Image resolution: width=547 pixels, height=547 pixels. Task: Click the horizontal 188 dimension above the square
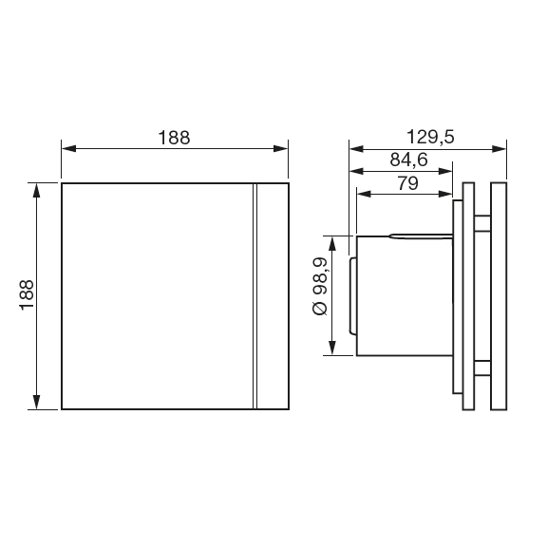174,137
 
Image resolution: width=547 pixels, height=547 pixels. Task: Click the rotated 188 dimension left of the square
26,296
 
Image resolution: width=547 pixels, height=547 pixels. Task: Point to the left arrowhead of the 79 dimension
363,194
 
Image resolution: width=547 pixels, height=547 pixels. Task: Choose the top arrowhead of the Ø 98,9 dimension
330,241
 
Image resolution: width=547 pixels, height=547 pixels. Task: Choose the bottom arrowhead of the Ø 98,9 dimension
330,350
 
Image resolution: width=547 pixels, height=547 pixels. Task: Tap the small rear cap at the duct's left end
350,295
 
